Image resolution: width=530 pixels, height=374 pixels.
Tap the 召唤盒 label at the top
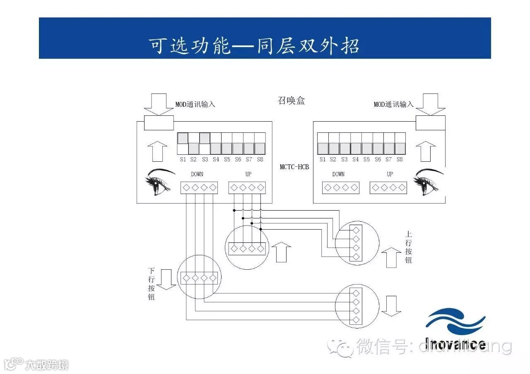pyautogui.click(x=291, y=101)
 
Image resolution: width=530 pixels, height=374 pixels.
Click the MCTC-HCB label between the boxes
pyautogui.click(x=294, y=167)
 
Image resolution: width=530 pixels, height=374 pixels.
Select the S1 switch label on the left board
pyautogui.click(x=183, y=159)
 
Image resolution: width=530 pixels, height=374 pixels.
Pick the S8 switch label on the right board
pyautogui.click(x=400, y=159)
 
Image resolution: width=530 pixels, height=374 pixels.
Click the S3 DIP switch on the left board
pyautogui.click(x=205, y=144)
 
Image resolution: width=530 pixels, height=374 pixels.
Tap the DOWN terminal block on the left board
pyautogui.click(x=199, y=187)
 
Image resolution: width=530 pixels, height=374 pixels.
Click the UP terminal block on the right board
pyautogui.click(x=388, y=187)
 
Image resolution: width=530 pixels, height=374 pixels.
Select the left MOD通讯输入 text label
pyautogui.click(x=195, y=104)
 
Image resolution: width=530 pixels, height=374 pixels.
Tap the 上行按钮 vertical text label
pyautogui.click(x=408, y=247)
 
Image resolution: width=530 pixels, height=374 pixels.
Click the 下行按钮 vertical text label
pyautogui.click(x=152, y=283)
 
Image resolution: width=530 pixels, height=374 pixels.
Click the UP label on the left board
pyautogui.click(x=248, y=174)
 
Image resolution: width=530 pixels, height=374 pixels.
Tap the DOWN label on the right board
pyautogui.click(x=338, y=174)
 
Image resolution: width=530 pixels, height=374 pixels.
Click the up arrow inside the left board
pyautogui.click(x=157, y=151)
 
